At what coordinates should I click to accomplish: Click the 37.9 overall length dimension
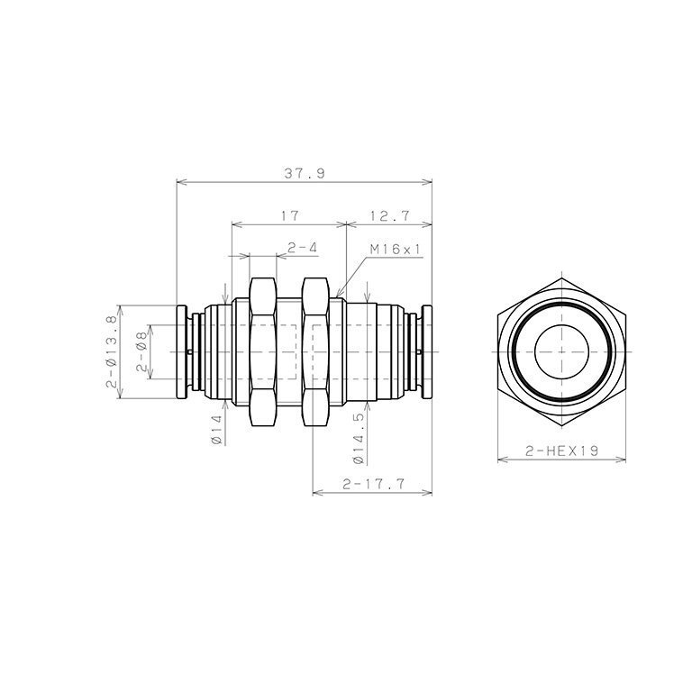[304, 173]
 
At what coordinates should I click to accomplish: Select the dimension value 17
[290, 216]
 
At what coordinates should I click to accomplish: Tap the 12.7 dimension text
[390, 216]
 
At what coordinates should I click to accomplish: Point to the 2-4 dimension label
[303, 248]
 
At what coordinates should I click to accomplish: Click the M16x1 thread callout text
[396, 250]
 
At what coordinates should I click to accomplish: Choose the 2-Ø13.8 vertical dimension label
[111, 351]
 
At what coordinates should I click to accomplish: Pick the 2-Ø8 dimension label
[141, 351]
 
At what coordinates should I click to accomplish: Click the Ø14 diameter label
[216, 430]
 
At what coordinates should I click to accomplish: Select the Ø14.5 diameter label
[359, 438]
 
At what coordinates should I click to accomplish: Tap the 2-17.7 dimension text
[373, 484]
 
